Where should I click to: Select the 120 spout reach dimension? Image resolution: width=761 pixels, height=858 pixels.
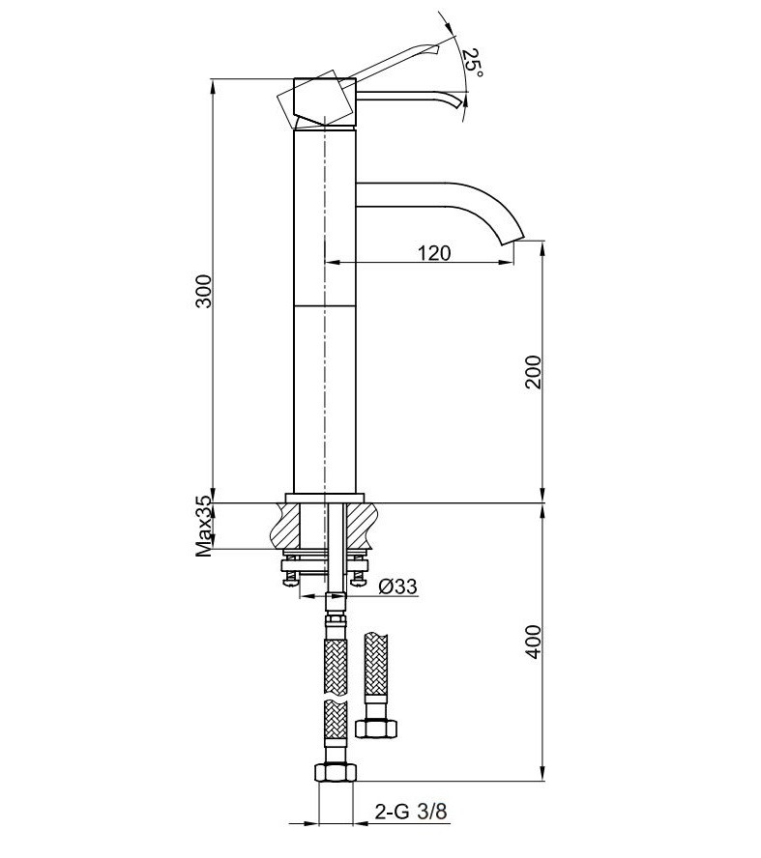tap(434, 253)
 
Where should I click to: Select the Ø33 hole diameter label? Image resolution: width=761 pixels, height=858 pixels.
tap(397, 587)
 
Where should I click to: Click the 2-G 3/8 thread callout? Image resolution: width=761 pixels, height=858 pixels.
tap(410, 813)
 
